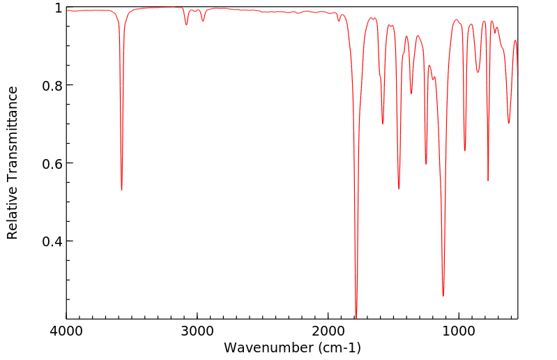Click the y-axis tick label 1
58,8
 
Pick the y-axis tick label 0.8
52,86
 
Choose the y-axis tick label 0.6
52,163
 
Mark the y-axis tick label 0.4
52,241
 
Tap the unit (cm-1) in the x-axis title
338,347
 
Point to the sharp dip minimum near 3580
121,190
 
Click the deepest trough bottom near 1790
356,317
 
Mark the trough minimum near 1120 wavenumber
443,296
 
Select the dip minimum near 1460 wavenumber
399,188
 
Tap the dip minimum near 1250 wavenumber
426,164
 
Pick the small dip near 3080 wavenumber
186,24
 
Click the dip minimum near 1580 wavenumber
383,123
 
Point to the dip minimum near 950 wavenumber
465,151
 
